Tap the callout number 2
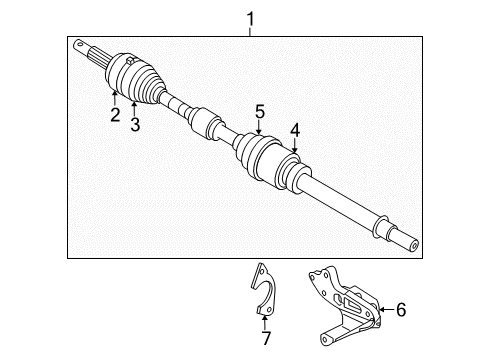tap(115, 115)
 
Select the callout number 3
tap(133, 122)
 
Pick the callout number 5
tap(258, 111)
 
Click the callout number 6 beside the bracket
tap(401, 311)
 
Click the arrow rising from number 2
tap(115, 97)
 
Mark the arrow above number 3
tap(133, 105)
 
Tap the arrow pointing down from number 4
tap(294, 144)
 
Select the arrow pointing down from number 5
tap(258, 128)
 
